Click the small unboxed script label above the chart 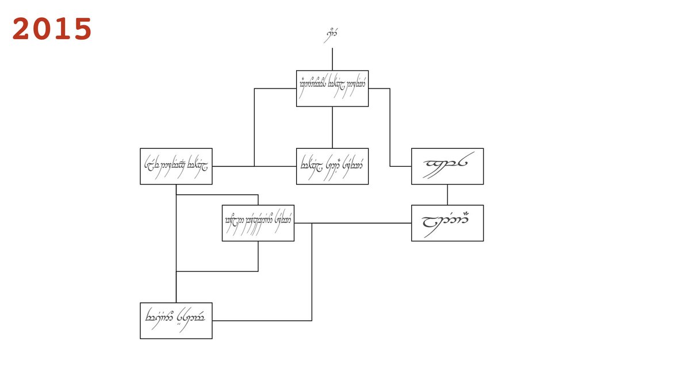[x=331, y=35]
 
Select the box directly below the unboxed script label [x=332, y=89]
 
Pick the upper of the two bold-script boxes [x=447, y=166]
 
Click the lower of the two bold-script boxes [x=447, y=223]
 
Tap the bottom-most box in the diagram [x=176, y=321]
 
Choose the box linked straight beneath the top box [x=332, y=166]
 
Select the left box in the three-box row [x=176, y=166]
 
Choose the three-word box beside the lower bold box [x=258, y=223]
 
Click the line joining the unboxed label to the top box [x=332, y=59]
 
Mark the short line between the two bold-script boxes [x=447, y=195]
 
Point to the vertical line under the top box [x=332, y=127]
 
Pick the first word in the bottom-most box [x=160, y=316]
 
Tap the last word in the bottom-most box [x=191, y=317]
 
